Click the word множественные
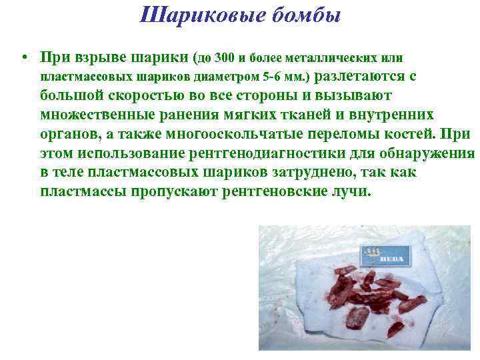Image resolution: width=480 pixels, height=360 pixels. click(99, 115)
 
